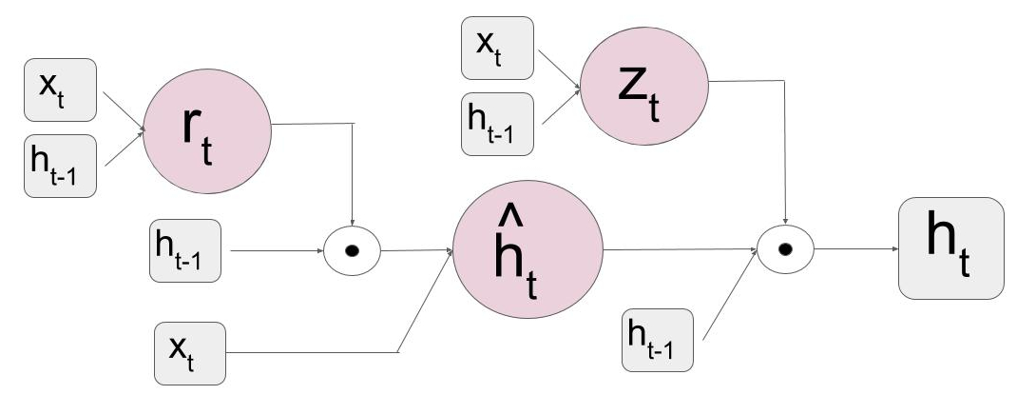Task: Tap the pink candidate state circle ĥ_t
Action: click(528, 253)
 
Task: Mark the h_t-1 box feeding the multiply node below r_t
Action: click(185, 252)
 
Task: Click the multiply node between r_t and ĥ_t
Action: click(352, 252)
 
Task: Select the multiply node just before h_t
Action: click(785, 251)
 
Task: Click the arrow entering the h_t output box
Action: click(855, 251)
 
